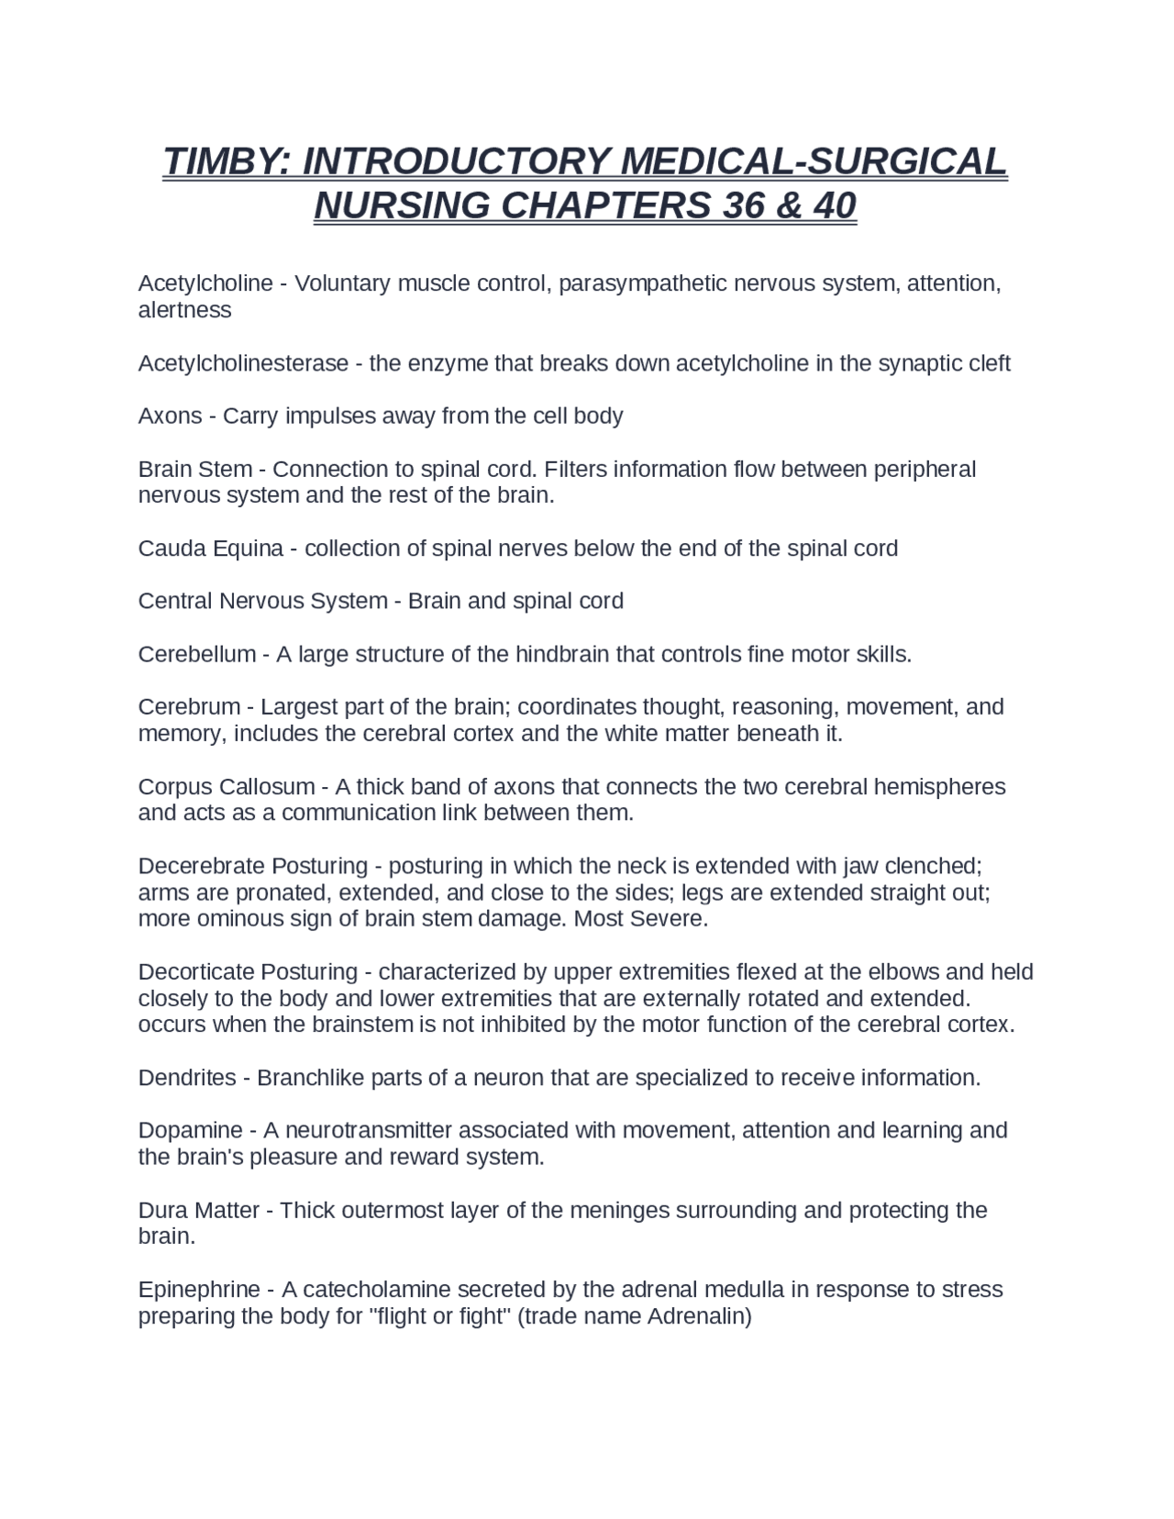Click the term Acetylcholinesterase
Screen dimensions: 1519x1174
[243, 363]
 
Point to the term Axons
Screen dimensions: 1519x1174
[170, 416]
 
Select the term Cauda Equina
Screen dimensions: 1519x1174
[210, 549]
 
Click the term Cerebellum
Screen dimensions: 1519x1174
[197, 655]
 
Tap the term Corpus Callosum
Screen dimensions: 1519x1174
[227, 787]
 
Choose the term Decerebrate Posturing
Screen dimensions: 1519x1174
[252, 867]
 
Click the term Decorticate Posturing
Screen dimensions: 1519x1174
[248, 972]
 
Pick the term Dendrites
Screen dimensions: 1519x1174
[187, 1078]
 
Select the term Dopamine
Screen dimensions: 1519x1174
[190, 1130]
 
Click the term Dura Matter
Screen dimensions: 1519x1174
[198, 1211]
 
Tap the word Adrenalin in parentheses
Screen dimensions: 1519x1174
[697, 1317]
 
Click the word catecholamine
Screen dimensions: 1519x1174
[375, 1290]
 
